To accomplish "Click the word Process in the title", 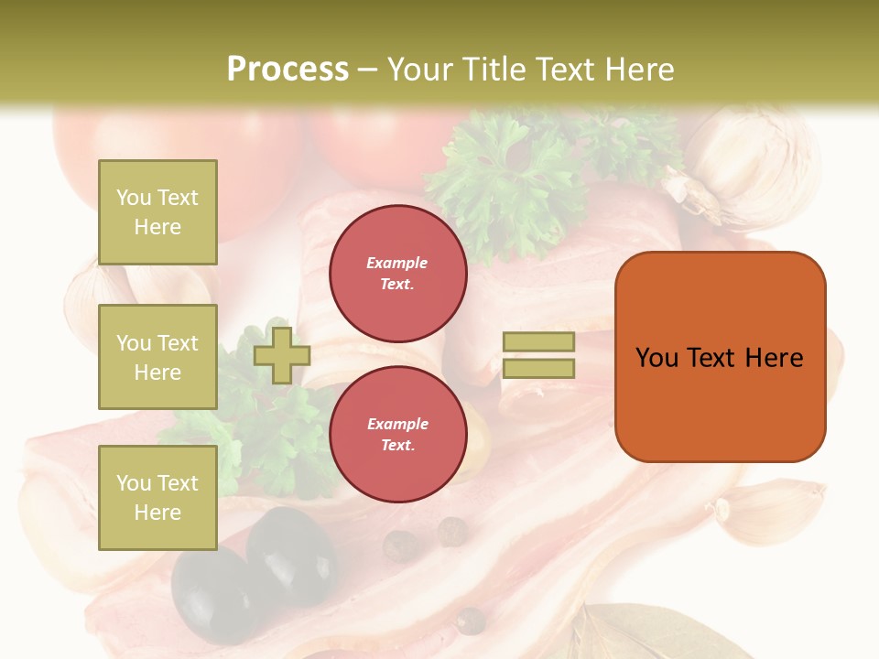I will pos(288,70).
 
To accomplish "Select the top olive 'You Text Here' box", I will pos(157,212).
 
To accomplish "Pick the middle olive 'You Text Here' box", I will pos(157,357).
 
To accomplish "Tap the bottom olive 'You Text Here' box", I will pos(157,497).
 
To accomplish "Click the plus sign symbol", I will pos(282,355).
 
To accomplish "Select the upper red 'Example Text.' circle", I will pos(398,274).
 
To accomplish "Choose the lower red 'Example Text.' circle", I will pos(398,434).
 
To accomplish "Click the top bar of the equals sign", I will pos(538,341).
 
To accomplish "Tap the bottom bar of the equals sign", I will pos(538,368).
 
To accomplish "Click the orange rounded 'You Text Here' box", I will pos(720,357).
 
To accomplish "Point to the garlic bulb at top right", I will pos(751,165).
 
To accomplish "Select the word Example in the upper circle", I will pos(396,264).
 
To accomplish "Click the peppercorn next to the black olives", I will pos(399,546).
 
